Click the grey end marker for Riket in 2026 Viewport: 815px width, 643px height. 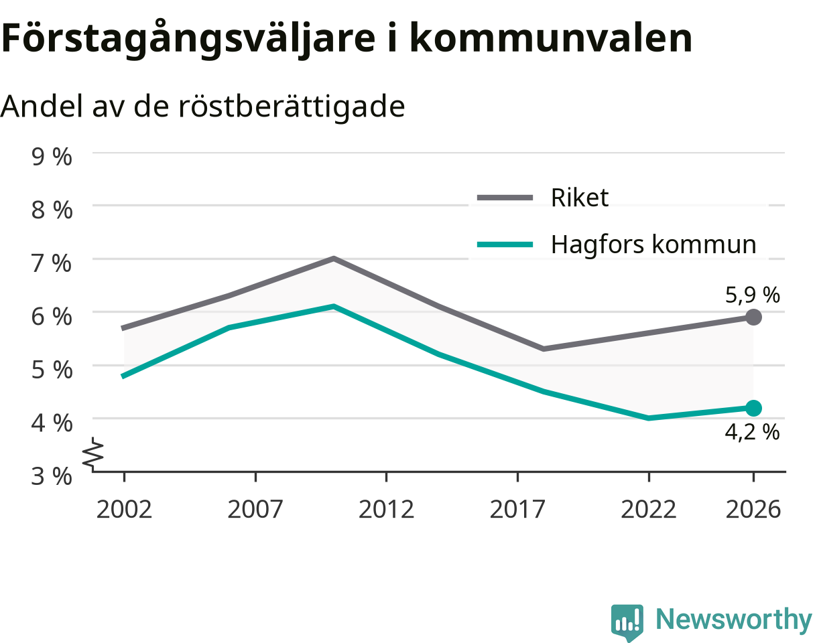(753, 317)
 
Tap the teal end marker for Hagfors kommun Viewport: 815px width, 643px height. (753, 409)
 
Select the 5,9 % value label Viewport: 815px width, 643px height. (752, 295)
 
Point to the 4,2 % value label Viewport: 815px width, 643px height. (752, 432)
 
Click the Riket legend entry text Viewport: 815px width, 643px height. (580, 198)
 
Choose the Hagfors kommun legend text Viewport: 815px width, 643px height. (653, 244)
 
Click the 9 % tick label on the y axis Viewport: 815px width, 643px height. (52, 157)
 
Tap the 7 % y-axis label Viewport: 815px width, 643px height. (52, 263)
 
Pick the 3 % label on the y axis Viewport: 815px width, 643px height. (52, 476)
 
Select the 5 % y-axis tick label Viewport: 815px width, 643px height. (52, 370)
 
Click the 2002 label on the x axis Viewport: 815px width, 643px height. (124, 510)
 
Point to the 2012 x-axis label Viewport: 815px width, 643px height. (386, 510)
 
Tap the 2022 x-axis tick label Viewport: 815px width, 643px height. (648, 510)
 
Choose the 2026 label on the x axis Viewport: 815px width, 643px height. (753, 510)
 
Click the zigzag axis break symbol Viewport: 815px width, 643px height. (93, 454)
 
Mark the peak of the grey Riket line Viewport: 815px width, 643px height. (334, 259)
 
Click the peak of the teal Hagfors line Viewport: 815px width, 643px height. (334, 306)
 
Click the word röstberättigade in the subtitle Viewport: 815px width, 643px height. (292, 106)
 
